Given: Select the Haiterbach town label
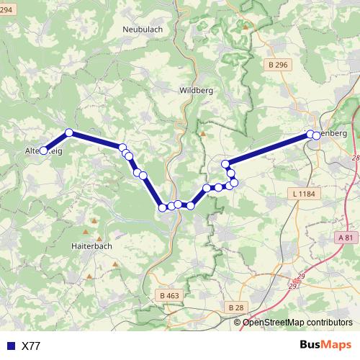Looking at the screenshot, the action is pyautogui.click(x=92, y=246).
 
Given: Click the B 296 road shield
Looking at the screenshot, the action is pyautogui.click(x=277, y=65).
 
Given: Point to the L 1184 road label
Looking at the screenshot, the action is pyautogui.click(x=305, y=194).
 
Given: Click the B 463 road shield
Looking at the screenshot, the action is pyautogui.click(x=169, y=295).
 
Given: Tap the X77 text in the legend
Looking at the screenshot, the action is pyautogui.click(x=31, y=346).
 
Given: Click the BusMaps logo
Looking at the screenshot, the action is pyautogui.click(x=325, y=345).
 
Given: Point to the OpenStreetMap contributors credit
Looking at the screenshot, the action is pyautogui.click(x=297, y=323).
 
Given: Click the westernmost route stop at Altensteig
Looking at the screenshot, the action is pyautogui.click(x=43, y=150).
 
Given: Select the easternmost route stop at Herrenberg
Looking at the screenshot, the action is pyautogui.click(x=316, y=135).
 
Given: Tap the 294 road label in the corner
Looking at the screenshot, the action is pyautogui.click(x=6, y=8).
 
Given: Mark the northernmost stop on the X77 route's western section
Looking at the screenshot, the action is pyautogui.click(x=69, y=132).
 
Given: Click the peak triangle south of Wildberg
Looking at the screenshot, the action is pyautogui.click(x=202, y=132).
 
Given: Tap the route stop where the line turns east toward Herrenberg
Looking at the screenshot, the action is pyautogui.click(x=225, y=164).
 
